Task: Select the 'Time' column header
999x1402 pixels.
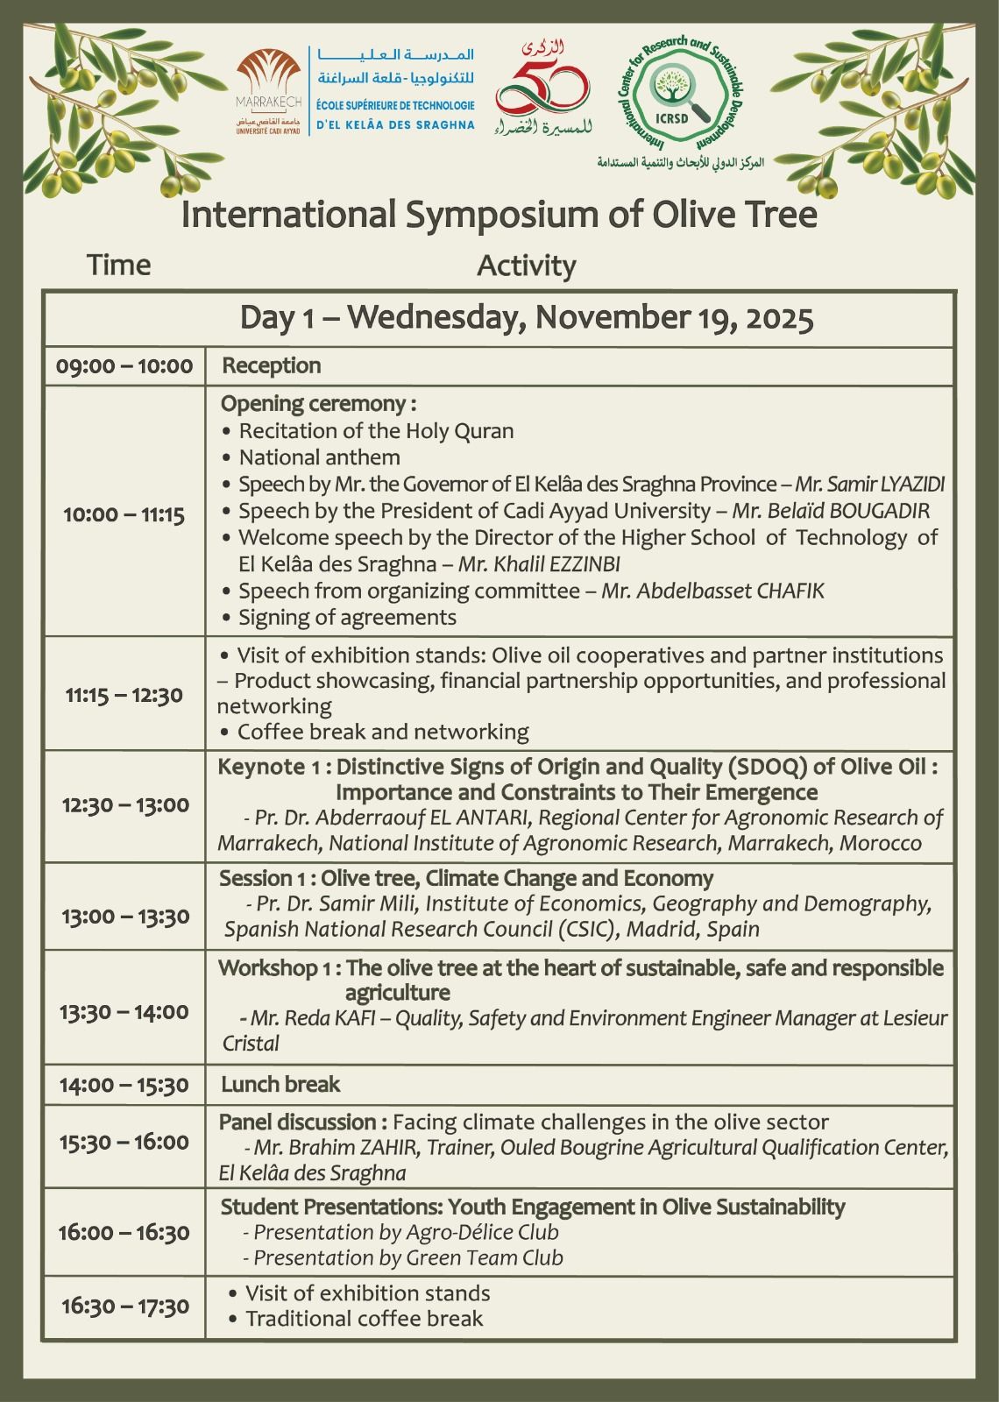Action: (x=119, y=265)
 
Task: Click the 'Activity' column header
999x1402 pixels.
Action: (x=526, y=266)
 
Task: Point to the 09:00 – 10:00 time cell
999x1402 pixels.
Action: (x=124, y=365)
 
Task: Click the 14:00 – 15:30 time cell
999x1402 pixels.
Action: (x=124, y=1085)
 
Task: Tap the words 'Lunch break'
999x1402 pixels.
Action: (x=280, y=1085)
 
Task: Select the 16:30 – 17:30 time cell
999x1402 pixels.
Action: (x=124, y=1306)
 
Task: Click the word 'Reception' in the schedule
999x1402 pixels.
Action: (x=272, y=365)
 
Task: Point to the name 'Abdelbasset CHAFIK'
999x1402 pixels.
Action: (x=712, y=591)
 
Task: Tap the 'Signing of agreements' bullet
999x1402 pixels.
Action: (x=347, y=617)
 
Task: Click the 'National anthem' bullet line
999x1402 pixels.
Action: (x=319, y=457)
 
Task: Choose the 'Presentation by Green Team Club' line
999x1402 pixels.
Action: (x=407, y=1257)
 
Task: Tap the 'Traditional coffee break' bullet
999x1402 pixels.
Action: (x=364, y=1319)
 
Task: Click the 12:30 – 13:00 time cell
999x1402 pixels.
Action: (x=124, y=805)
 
